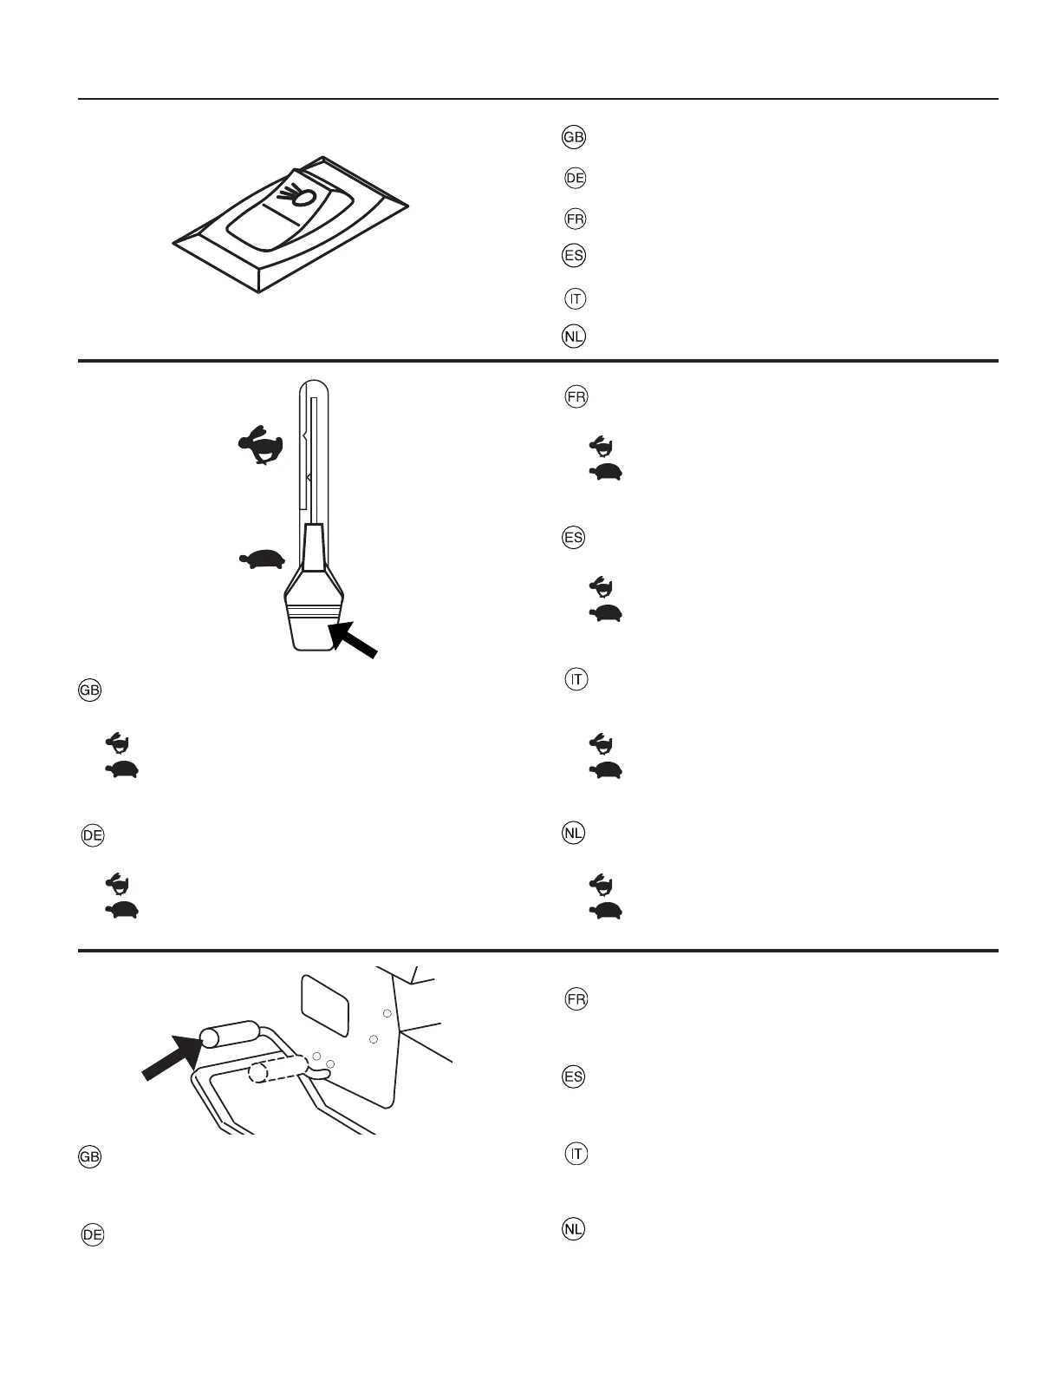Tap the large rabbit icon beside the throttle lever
[261, 446]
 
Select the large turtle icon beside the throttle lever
[263, 559]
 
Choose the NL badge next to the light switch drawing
[574, 337]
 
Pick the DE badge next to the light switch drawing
[575, 179]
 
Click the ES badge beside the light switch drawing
[574, 256]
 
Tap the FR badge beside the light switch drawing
[575, 219]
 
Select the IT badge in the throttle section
[576, 679]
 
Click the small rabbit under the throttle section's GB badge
[118, 742]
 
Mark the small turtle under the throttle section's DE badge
[122, 910]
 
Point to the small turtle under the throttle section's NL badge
[606, 911]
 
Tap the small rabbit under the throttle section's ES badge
[602, 587]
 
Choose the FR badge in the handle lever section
[576, 999]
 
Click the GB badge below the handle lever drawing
[90, 1158]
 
